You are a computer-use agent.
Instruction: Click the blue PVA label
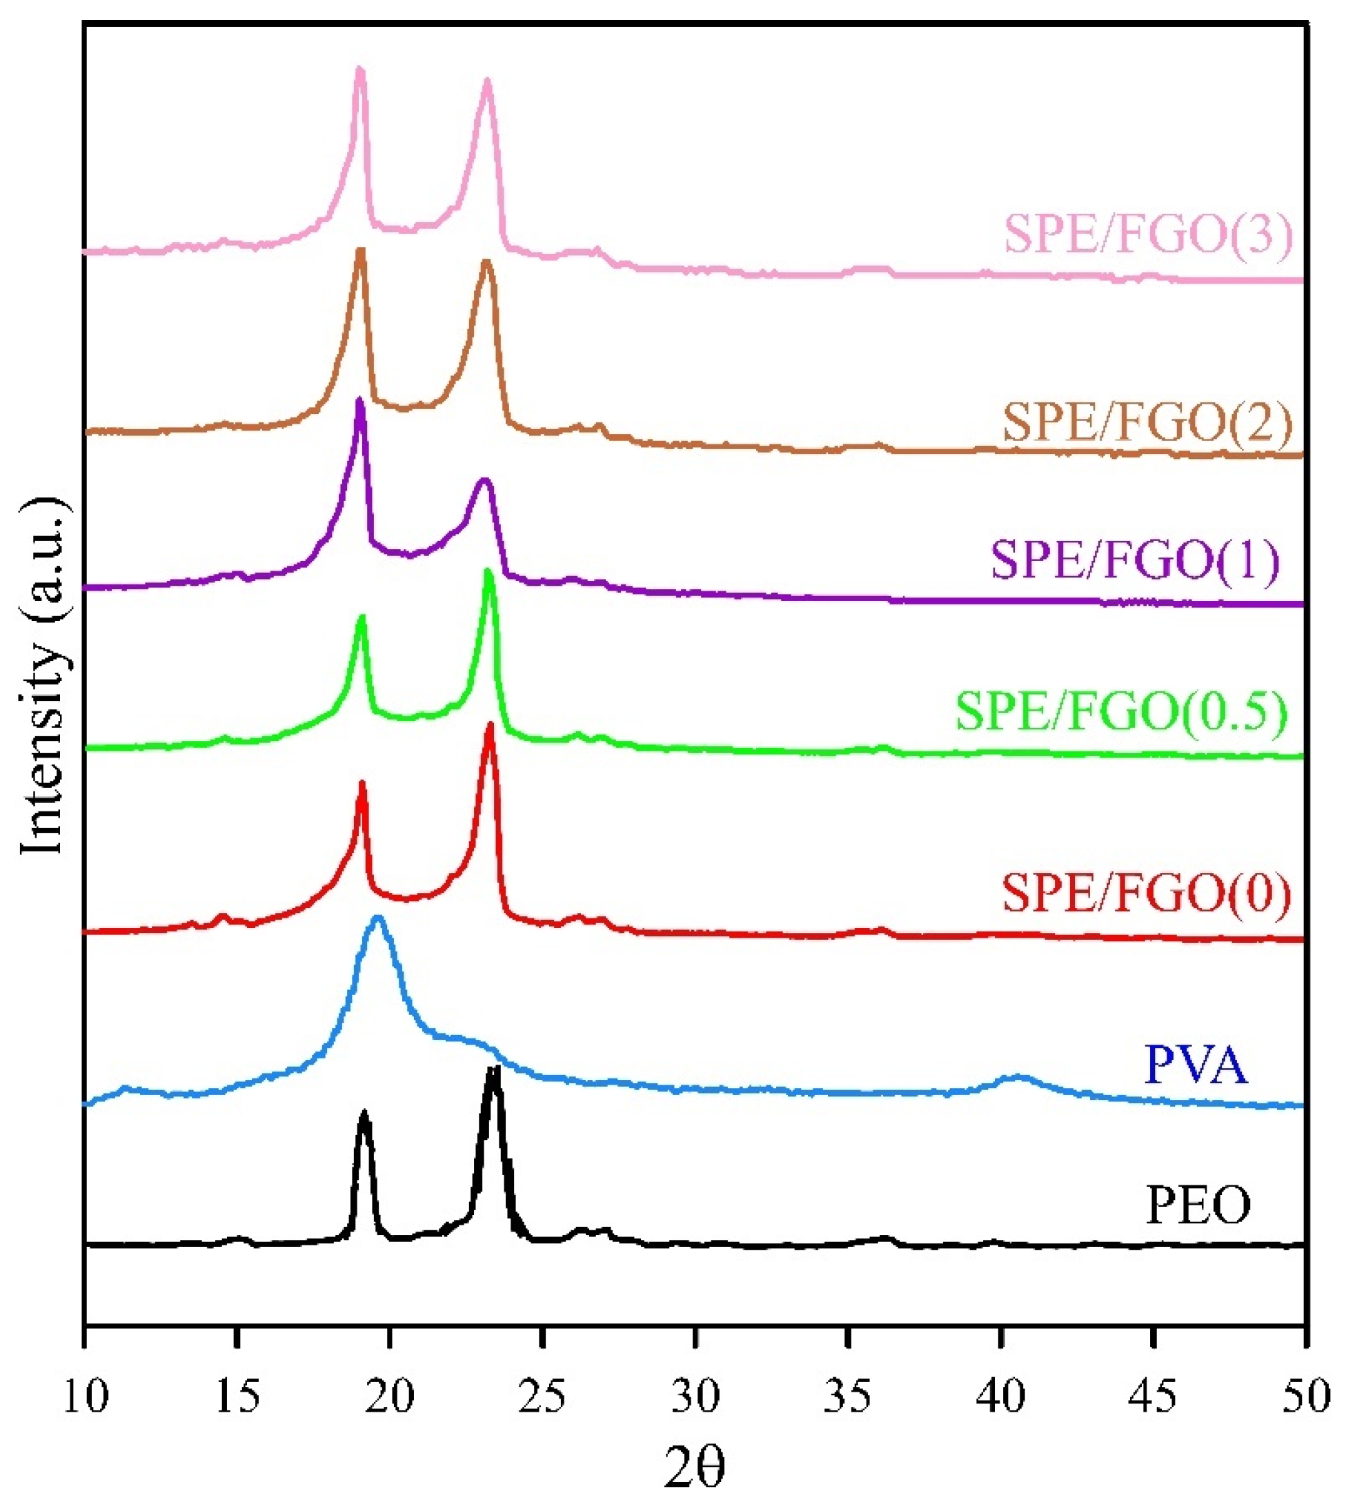point(1196,1066)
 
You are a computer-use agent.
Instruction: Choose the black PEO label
point(1198,1205)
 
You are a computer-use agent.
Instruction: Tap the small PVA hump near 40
point(1019,1078)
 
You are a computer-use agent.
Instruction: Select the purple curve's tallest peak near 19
point(359,402)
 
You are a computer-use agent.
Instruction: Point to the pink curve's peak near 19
point(359,70)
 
